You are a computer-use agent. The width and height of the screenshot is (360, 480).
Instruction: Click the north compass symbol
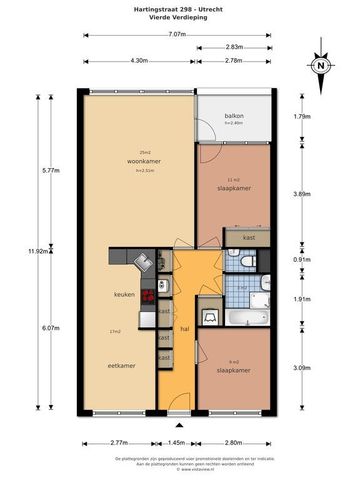coord(320,66)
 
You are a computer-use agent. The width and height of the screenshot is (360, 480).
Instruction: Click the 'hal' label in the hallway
coord(184,329)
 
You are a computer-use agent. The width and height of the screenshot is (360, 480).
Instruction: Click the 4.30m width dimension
coord(140,61)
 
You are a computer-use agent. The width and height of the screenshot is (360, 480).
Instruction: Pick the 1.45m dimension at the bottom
coord(176,442)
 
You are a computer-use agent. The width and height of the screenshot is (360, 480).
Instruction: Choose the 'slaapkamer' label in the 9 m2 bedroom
coord(232,370)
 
